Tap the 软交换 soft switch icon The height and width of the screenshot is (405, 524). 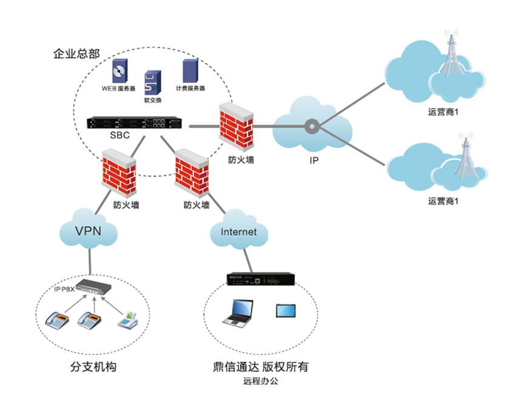pos(152,82)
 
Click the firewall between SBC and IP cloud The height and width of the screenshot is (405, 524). pos(236,126)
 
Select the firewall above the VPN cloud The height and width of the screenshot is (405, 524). pos(119,176)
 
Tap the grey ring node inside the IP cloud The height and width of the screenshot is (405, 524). pos(312,126)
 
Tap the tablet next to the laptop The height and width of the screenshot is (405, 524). pos(286,310)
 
